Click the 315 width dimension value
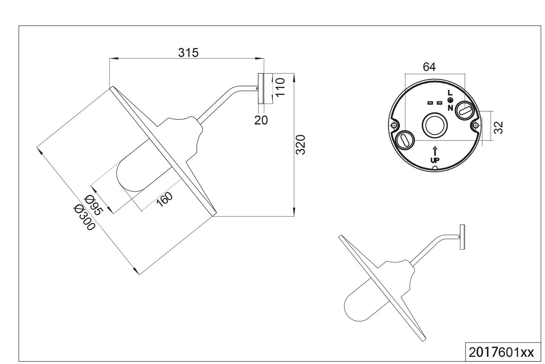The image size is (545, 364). point(188,53)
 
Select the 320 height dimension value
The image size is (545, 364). point(300,144)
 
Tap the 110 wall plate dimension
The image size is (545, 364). point(280,87)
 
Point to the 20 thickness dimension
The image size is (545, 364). point(261,120)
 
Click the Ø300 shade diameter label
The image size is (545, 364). point(84,218)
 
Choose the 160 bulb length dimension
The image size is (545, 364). point(165,199)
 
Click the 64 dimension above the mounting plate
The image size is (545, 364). point(429,67)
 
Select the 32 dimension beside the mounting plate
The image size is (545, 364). point(498,128)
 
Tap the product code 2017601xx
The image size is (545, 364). point(501,352)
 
